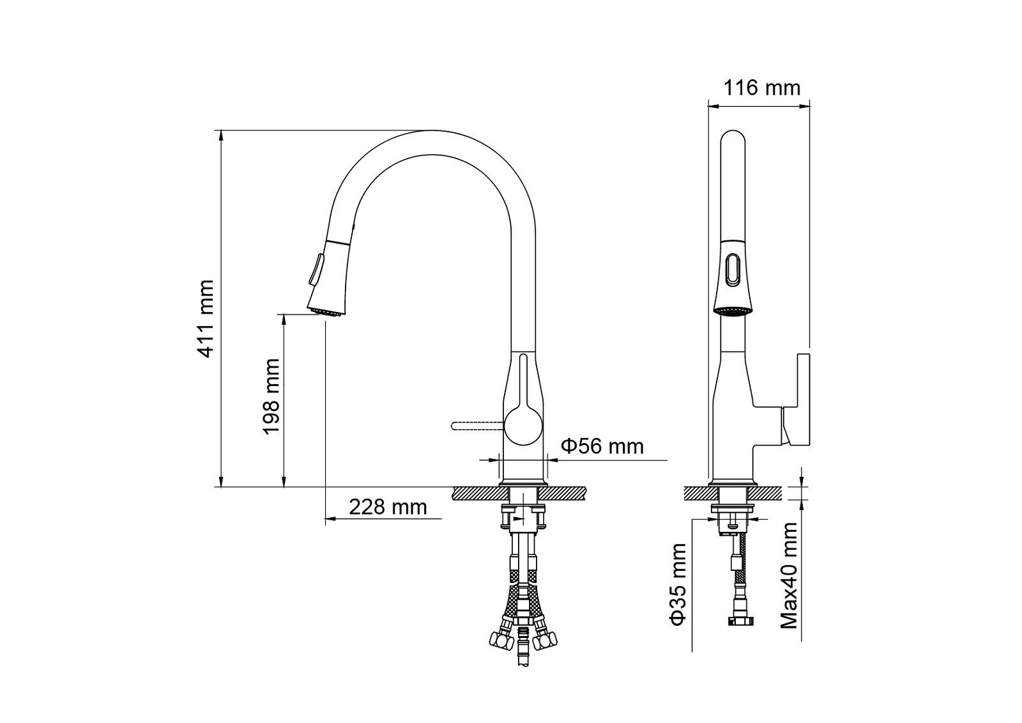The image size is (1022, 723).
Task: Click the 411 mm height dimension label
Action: coord(206,318)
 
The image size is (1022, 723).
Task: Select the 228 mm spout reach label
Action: coord(388,507)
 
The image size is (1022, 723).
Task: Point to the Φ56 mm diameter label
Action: coord(602,446)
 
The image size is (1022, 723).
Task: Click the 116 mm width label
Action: coord(762,88)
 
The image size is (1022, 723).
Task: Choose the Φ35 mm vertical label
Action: coord(677,584)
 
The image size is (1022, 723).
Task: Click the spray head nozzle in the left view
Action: coord(327,312)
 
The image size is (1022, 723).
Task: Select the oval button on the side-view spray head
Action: coord(732,270)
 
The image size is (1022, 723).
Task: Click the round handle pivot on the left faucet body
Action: coord(523,426)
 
